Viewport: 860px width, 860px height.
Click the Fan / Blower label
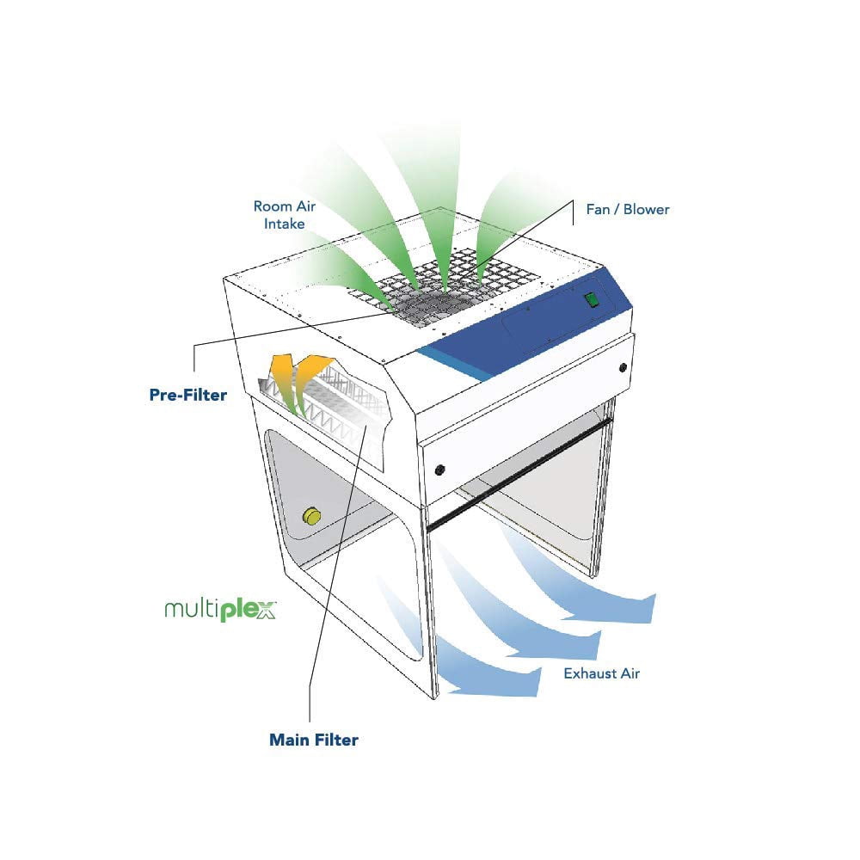[628, 210]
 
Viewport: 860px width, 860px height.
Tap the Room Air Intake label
[284, 215]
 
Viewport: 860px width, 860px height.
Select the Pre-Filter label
[188, 395]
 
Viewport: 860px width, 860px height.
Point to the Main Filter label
[314, 740]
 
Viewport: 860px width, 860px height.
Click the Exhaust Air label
[602, 673]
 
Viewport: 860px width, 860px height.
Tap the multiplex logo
[220, 610]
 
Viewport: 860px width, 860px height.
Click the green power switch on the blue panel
[592, 299]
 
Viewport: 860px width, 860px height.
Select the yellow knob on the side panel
[311, 516]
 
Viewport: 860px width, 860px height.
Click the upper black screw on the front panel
[623, 367]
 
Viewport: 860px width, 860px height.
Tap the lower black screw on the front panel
[439, 470]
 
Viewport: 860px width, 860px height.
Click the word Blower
[647, 210]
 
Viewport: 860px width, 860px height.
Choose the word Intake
[284, 224]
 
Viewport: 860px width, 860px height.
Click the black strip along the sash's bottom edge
[519, 474]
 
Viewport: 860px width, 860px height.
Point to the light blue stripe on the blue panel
[455, 365]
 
